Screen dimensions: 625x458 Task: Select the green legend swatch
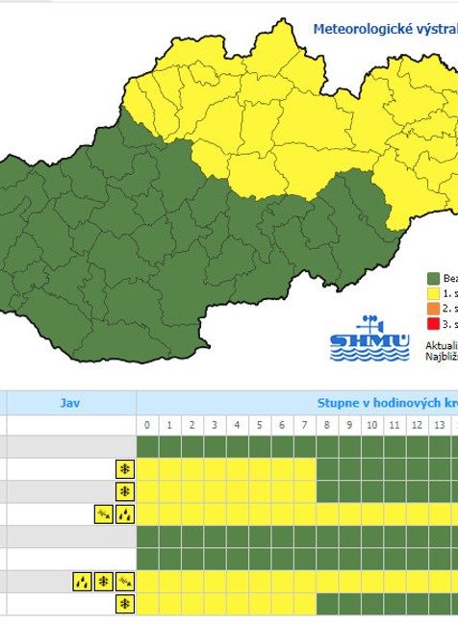click(433, 278)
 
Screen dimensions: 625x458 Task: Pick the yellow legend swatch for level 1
click(433, 292)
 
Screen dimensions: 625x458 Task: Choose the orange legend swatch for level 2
click(433, 308)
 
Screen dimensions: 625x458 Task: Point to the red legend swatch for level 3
click(433, 322)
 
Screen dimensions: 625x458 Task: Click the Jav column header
click(69, 403)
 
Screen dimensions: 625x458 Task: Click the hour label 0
click(147, 425)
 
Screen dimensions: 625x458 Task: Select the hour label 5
click(260, 425)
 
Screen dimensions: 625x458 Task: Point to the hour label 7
click(304, 425)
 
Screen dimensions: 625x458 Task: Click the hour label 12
click(416, 425)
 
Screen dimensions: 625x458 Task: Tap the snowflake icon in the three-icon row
click(103, 581)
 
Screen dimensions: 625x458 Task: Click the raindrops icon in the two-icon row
click(124, 514)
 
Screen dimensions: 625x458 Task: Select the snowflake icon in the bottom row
click(124, 604)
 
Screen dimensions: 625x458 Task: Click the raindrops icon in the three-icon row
click(82, 581)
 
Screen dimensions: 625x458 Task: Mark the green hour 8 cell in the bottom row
click(327, 604)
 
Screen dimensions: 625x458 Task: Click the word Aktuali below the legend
click(441, 343)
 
